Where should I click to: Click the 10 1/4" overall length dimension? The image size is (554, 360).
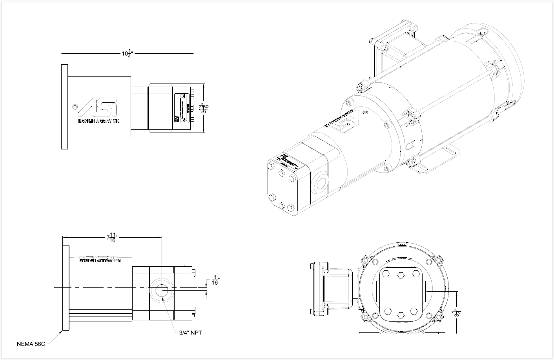tap(128, 54)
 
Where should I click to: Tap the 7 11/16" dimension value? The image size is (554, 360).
tap(112, 238)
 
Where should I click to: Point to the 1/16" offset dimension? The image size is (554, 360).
tap(215, 280)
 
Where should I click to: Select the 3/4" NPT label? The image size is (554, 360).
tap(190, 333)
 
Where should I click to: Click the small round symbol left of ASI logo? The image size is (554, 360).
tap(75, 106)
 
